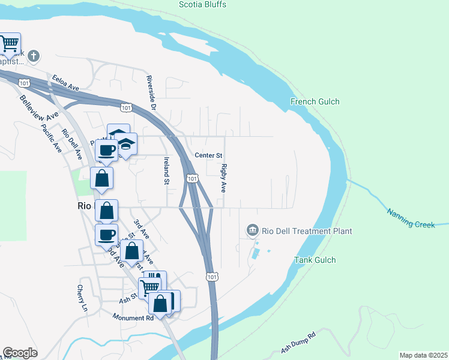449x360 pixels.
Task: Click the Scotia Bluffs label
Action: (x=202, y=4)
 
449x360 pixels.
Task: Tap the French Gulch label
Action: (x=315, y=101)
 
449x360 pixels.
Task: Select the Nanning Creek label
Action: (x=410, y=218)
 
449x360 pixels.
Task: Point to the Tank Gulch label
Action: (x=315, y=260)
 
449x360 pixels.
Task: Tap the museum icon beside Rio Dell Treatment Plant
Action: (x=252, y=230)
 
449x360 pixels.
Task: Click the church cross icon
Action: (x=34, y=57)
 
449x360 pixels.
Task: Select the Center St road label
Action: (x=208, y=155)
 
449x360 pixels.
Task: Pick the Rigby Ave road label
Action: (x=223, y=178)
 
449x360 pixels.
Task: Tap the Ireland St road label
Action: (x=166, y=171)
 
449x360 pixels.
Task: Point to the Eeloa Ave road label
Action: (x=65, y=83)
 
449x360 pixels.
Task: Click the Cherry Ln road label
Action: (x=82, y=298)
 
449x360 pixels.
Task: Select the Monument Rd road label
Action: (x=133, y=317)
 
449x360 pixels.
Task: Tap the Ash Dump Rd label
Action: (x=298, y=343)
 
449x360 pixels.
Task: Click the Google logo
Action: (x=20, y=353)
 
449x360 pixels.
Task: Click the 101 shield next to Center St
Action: (x=191, y=179)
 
